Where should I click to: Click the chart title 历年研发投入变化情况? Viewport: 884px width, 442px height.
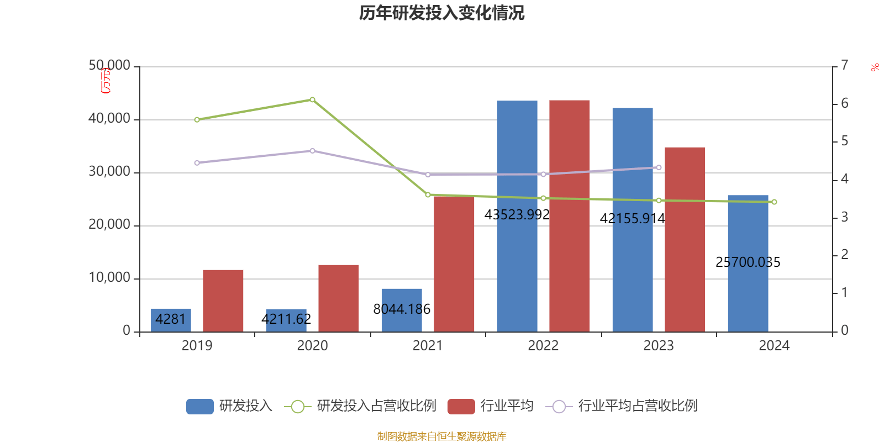click(441, 13)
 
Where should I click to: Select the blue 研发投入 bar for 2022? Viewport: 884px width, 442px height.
click(517, 166)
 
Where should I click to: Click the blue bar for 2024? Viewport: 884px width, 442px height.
click(748, 232)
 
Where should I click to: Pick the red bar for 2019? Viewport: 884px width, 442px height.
click(223, 301)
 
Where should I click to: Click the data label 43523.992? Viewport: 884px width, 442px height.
click(517, 214)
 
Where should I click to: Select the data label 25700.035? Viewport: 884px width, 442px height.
click(748, 262)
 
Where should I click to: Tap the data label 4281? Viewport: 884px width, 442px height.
click(171, 319)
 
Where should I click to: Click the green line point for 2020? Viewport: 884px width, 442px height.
click(312, 99)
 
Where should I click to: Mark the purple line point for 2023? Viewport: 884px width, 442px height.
click(659, 167)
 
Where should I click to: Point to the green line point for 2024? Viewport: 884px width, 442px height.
click(774, 202)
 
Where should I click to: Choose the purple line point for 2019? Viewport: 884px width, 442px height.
click(197, 163)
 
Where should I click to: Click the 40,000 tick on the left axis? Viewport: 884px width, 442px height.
click(109, 119)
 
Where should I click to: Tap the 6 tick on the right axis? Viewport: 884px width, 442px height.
click(844, 103)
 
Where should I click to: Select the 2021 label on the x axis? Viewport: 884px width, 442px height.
click(428, 346)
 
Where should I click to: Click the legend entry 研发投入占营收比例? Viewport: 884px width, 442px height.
click(376, 406)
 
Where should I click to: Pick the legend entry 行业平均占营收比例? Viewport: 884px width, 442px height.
click(637, 406)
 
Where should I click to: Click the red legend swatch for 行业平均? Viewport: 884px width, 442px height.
click(461, 407)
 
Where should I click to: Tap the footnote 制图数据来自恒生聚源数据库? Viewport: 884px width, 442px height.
click(441, 436)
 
